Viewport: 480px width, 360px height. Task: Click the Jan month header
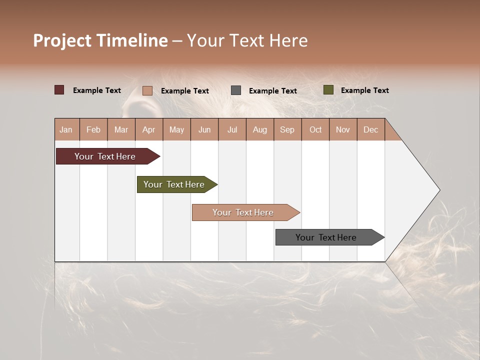click(x=66, y=129)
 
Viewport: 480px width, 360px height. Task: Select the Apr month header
click(x=149, y=129)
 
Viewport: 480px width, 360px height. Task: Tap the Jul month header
click(x=232, y=129)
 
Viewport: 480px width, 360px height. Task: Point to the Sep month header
click(x=287, y=129)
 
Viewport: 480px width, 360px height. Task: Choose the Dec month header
click(x=370, y=129)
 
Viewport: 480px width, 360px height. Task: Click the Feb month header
click(x=93, y=129)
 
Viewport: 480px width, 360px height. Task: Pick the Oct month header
click(x=315, y=129)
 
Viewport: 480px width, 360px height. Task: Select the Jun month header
click(x=204, y=129)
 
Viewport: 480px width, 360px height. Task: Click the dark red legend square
click(x=59, y=90)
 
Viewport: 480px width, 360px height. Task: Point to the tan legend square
click(x=147, y=90)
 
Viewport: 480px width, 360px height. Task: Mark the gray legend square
click(x=236, y=90)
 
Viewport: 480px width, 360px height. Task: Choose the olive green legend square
click(x=328, y=90)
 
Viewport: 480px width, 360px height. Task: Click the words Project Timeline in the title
click(x=100, y=40)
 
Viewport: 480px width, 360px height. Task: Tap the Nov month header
click(x=343, y=129)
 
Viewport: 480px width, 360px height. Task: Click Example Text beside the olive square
click(x=364, y=90)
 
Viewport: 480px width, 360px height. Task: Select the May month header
click(x=176, y=129)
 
